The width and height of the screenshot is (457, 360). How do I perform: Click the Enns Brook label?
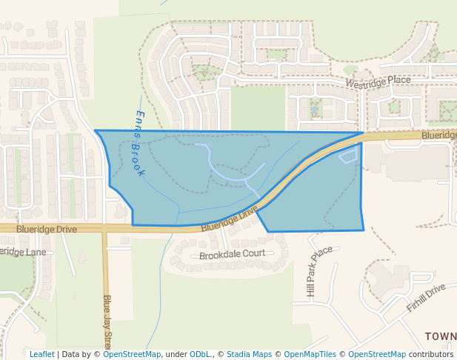(139, 143)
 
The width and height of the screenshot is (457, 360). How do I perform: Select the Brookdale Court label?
(232, 254)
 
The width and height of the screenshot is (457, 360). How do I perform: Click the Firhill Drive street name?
(427, 296)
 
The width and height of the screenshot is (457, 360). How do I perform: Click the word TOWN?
(440, 336)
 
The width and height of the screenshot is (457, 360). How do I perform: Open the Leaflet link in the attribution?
(41, 354)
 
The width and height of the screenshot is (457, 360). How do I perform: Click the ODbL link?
(200, 354)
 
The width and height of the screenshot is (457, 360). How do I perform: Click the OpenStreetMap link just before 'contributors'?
(377, 354)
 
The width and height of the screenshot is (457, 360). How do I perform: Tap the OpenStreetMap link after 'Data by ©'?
(132, 354)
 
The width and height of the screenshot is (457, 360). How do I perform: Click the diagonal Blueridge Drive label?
(229, 219)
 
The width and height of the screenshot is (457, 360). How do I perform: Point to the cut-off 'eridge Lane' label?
(22, 252)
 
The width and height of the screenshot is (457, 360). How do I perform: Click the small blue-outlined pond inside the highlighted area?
(347, 156)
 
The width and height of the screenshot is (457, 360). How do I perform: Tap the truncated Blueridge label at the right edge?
(438, 136)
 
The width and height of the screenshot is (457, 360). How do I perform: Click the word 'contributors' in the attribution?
(431, 354)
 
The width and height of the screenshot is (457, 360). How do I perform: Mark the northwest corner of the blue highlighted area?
(96, 131)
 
